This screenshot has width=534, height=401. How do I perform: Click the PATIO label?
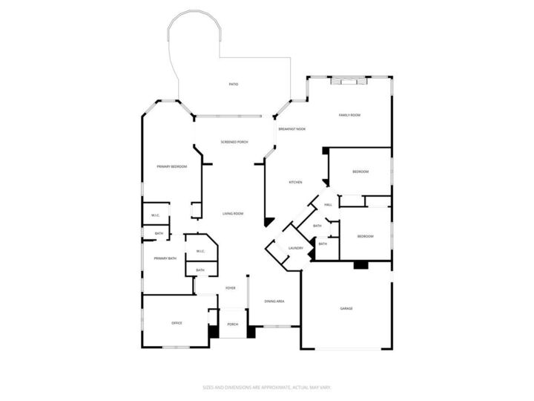click(x=233, y=84)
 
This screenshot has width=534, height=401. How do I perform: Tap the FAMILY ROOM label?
click(x=349, y=115)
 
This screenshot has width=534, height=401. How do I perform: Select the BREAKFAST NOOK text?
click(x=292, y=129)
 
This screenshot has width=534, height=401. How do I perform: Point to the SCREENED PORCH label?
click(x=234, y=142)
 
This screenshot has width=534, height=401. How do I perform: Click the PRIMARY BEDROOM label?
click(x=171, y=166)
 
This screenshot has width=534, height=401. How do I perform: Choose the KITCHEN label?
click(x=295, y=182)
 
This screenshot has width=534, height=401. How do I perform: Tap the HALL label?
click(x=327, y=206)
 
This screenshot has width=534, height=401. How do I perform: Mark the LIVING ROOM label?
click(x=233, y=214)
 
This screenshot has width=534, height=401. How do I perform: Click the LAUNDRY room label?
click(x=286, y=248)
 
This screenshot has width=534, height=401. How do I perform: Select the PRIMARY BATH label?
click(x=165, y=258)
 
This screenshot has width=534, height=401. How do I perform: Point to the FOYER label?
click(x=231, y=287)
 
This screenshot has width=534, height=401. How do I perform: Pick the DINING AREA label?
click(x=274, y=301)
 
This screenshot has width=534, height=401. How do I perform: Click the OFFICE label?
click(x=177, y=323)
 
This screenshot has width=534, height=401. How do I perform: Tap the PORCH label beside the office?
click(x=233, y=325)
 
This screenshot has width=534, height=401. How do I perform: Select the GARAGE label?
click(x=346, y=308)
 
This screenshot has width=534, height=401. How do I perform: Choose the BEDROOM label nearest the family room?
click(x=360, y=172)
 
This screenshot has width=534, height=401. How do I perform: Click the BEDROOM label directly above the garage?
click(x=365, y=236)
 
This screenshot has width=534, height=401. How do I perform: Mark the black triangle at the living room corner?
click(x=269, y=221)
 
